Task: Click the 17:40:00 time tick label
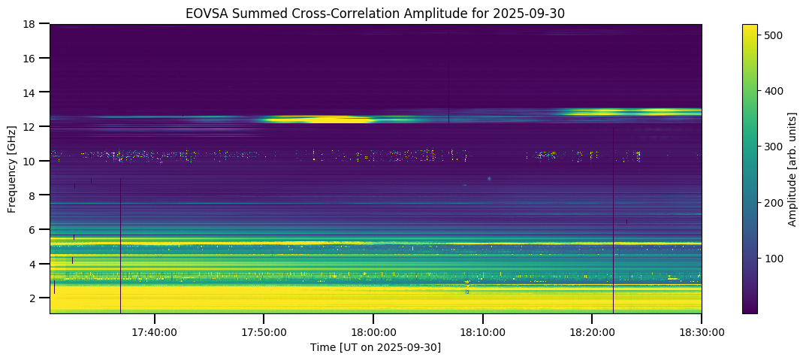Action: (x=154, y=331)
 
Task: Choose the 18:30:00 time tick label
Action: (x=701, y=331)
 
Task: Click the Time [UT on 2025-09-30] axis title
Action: (x=376, y=347)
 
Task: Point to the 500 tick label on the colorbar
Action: (x=775, y=35)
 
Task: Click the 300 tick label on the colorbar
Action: (x=775, y=147)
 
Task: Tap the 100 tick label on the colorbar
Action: (x=775, y=259)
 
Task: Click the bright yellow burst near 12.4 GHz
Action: (x=323, y=119)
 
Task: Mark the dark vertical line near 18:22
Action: (x=613, y=225)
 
